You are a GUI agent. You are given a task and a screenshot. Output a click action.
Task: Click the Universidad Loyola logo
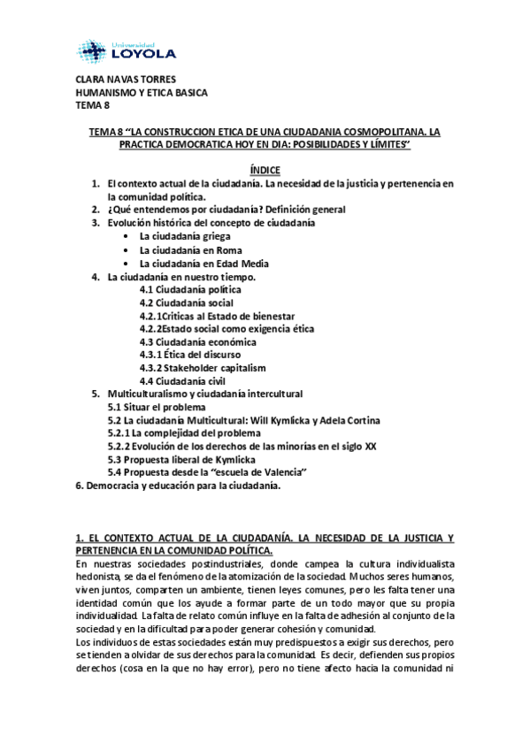pos(133,47)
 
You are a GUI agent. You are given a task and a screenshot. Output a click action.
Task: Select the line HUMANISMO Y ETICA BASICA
pos(142,94)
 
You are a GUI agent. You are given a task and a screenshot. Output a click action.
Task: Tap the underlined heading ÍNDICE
pos(265,169)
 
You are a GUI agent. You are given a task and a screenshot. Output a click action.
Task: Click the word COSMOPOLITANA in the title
pos(368,132)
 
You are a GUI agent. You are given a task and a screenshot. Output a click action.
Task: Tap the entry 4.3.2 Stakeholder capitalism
pos(203,367)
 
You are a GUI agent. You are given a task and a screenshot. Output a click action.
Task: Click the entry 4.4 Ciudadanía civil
pos(181,380)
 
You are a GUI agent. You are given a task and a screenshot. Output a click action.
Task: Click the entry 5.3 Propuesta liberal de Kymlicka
pos(181,460)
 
